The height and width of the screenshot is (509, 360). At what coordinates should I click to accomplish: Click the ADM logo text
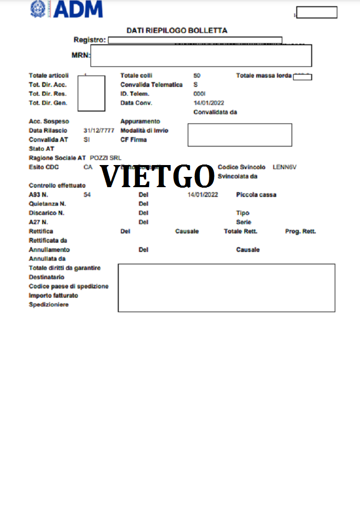coord(78,9)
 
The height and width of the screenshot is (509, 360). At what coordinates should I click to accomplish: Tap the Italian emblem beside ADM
coord(38,9)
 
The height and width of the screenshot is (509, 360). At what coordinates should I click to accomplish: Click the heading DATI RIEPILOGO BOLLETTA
coord(177,31)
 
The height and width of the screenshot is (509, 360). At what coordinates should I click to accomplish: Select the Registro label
coord(89,40)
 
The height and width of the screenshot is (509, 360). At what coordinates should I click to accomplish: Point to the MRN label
coord(80,56)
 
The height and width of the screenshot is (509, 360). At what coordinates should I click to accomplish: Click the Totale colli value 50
coord(197,76)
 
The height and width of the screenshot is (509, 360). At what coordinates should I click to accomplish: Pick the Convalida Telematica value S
coord(195,85)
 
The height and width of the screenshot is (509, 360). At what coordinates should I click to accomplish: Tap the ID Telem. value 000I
coord(200,94)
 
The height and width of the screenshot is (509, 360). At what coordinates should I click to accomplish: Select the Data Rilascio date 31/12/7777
coord(99,131)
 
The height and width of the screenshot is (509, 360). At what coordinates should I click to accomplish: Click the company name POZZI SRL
coord(105,158)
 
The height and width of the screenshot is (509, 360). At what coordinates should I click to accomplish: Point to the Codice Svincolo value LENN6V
coord(284,167)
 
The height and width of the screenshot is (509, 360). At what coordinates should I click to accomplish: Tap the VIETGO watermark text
coord(157,177)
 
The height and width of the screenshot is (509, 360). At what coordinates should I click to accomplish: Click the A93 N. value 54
coord(87,195)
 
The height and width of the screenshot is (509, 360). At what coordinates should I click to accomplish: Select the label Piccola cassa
coord(256,195)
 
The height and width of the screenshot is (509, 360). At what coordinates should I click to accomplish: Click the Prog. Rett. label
coord(300,232)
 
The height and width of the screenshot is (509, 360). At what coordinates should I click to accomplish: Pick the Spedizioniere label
coord(49,305)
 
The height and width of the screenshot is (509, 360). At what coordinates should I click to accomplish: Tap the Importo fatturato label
coord(53,296)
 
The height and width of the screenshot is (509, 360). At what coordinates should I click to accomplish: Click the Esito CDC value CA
coord(88,167)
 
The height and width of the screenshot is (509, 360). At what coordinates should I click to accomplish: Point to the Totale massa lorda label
coord(264,76)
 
